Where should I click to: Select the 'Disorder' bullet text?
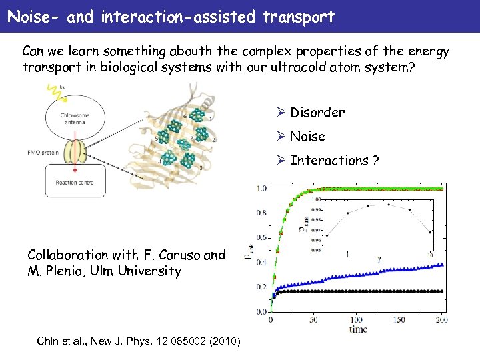317,112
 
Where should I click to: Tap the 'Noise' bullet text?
307,136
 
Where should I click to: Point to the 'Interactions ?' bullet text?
334,160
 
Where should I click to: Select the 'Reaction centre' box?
75,181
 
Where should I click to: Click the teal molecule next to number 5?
166,137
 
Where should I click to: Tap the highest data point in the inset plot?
389,205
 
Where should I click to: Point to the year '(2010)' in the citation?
227,342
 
